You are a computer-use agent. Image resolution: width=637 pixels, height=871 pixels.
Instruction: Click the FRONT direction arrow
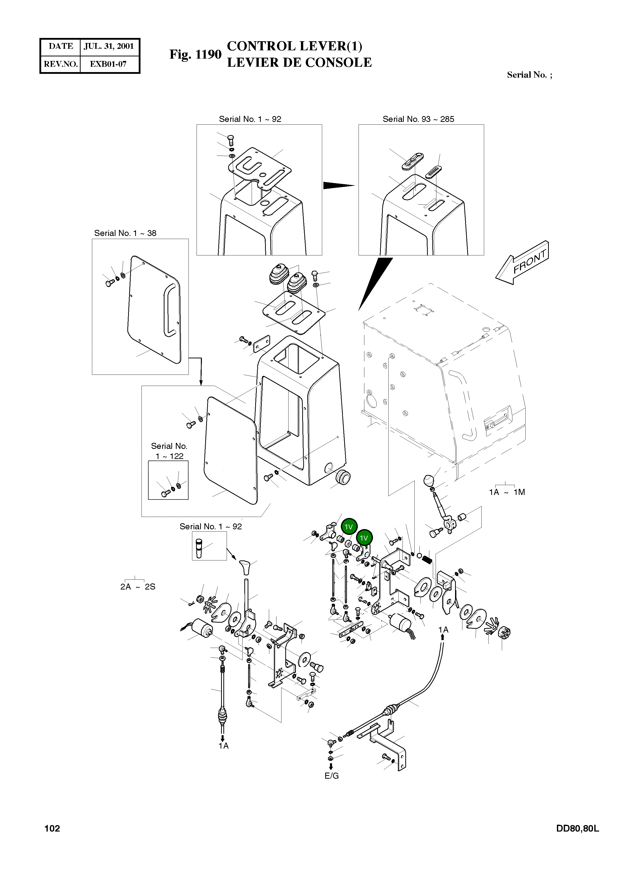pyautogui.click(x=522, y=263)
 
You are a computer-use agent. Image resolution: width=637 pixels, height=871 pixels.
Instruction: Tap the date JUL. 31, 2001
pyautogui.click(x=109, y=46)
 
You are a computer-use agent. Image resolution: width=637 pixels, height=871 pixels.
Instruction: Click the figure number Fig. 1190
pyautogui.click(x=196, y=54)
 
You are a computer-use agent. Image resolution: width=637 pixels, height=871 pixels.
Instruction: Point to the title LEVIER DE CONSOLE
pyautogui.click(x=299, y=62)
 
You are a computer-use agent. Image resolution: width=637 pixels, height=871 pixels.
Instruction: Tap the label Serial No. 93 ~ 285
pyautogui.click(x=418, y=119)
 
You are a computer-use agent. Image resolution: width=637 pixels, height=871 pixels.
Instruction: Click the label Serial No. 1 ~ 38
pyautogui.click(x=125, y=233)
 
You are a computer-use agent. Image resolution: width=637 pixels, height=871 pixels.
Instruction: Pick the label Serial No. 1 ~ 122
pyautogui.click(x=169, y=451)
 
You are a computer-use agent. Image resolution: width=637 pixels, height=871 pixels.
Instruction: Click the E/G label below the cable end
pyautogui.click(x=332, y=776)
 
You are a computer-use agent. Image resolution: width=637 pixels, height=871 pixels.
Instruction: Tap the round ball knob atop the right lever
pyautogui.click(x=429, y=481)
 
